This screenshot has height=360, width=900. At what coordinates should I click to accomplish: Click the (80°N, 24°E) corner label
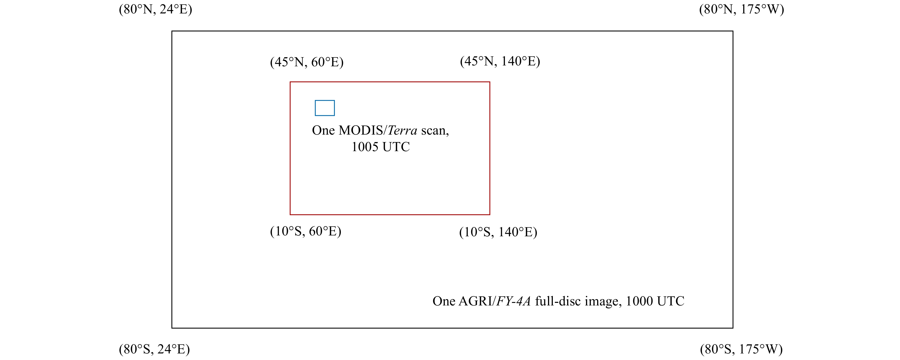[155, 9]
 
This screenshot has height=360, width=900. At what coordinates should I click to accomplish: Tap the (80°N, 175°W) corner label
[741, 9]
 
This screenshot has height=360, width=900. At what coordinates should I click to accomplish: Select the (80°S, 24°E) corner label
[154, 349]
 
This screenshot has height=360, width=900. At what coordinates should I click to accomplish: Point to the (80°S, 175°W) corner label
[741, 349]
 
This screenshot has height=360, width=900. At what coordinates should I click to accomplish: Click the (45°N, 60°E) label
[307, 62]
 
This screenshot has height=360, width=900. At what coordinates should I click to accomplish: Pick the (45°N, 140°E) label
[500, 61]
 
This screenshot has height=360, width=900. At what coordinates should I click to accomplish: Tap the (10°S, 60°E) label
[306, 231]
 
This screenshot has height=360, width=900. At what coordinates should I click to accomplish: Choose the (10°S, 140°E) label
[498, 232]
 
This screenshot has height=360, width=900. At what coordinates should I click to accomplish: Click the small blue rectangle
[325, 108]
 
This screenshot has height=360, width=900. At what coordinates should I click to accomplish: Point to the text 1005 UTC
[381, 147]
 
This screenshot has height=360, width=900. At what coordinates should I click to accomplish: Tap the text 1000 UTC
[655, 301]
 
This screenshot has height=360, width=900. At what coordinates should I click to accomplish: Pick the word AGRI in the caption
[475, 301]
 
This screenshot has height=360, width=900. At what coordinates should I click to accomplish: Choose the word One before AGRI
[444, 301]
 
